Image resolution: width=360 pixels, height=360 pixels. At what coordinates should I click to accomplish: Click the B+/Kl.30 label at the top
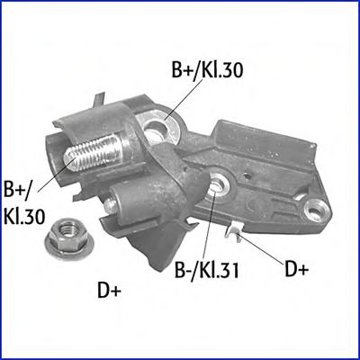tap(207, 69)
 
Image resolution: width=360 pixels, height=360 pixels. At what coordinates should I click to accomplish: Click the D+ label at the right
tap(296, 269)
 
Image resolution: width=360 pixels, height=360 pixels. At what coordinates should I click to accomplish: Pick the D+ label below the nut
tap(109, 291)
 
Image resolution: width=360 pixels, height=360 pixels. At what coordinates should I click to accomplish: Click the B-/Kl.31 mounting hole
tap(218, 184)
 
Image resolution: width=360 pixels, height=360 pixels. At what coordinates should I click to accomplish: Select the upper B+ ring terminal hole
tap(156, 129)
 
